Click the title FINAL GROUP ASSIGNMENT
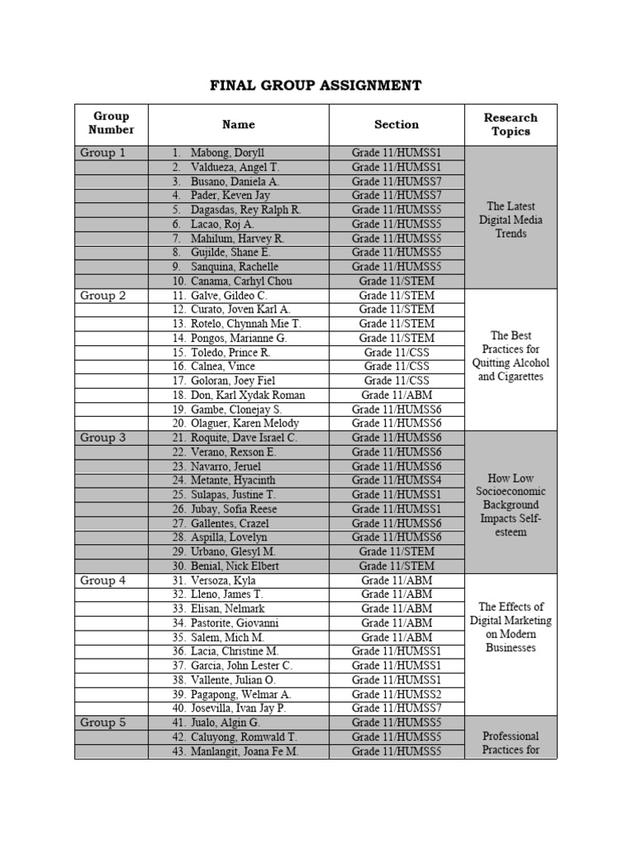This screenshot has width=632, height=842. click(316, 86)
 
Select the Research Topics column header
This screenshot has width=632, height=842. click(510, 125)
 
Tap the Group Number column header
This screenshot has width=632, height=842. click(111, 123)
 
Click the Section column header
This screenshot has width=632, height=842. click(397, 125)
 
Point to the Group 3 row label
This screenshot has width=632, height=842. click(103, 438)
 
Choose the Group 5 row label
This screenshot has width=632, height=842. click(103, 723)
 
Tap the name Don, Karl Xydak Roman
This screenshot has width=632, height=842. click(238, 396)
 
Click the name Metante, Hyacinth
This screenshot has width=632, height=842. click(223, 480)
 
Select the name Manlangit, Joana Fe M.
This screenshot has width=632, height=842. click(235, 752)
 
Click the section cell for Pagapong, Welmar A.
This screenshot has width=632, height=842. click(397, 694)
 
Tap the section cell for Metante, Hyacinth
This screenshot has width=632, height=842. click(397, 480)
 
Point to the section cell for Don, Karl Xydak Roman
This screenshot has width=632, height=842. click(397, 396)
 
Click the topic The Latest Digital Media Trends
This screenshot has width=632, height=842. click(510, 220)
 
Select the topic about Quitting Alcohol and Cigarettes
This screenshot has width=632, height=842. click(510, 356)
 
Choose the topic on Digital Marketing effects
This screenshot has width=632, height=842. click(510, 627)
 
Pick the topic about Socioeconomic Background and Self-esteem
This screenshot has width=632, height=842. click(510, 504)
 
